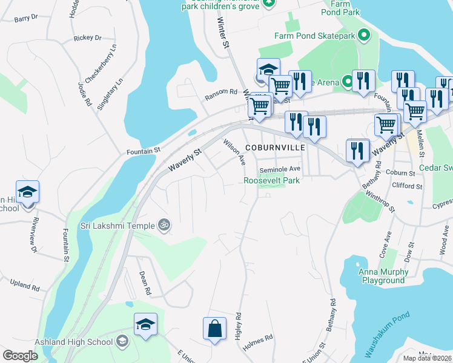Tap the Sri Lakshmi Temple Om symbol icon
click(162, 225)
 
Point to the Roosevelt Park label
click(272, 180)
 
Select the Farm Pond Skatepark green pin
click(363, 36)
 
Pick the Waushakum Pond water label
click(388, 334)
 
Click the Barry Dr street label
click(25, 19)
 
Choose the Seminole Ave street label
click(280, 169)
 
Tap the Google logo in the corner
click(20, 356)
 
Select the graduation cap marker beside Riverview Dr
click(27, 192)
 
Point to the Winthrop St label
click(381, 202)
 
